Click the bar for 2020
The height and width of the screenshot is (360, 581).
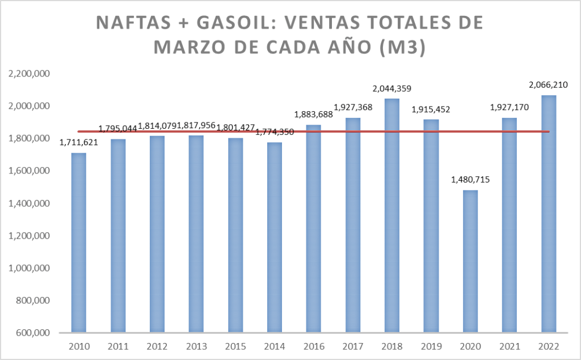point(470,261)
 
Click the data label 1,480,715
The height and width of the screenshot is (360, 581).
point(470,180)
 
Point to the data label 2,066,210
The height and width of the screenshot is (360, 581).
point(548,85)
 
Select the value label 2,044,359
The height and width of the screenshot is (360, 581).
point(392,88)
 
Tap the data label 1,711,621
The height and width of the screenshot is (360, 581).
point(79,142)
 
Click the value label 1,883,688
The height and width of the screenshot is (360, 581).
point(314,115)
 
